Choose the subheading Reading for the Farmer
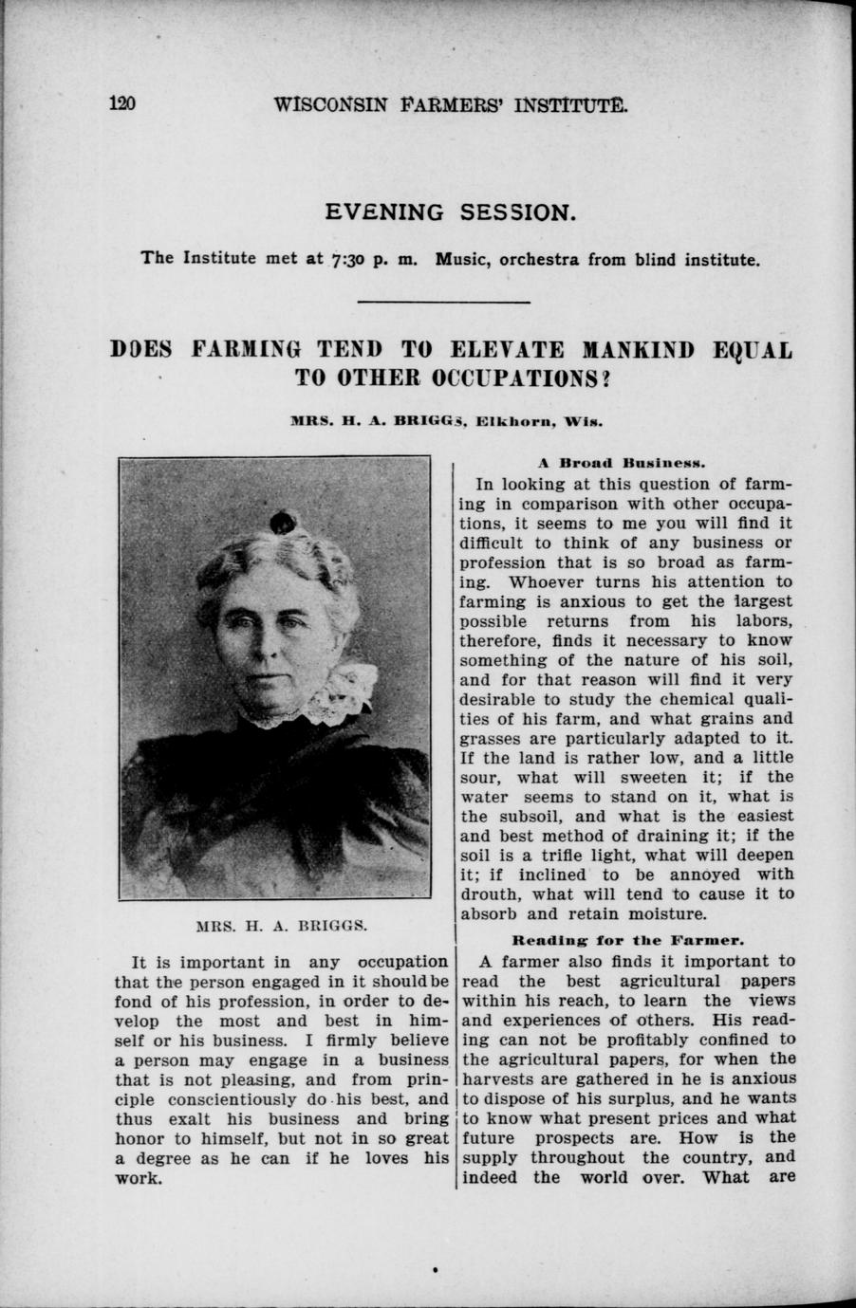(x=626, y=942)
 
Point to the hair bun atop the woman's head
(x=282, y=521)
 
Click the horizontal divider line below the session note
(x=444, y=302)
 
